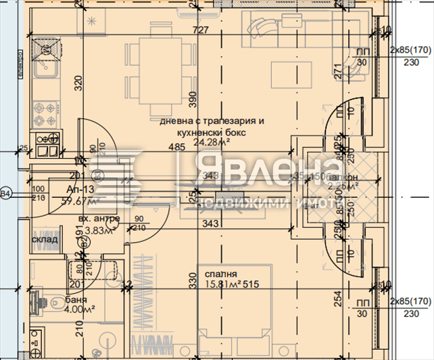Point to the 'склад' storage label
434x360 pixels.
pyautogui.click(x=45, y=239)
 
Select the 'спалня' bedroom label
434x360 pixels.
pyautogui.click(x=223, y=275)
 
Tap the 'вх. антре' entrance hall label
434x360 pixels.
pyautogui.click(x=99, y=219)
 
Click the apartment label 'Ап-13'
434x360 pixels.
pyautogui.click(x=80, y=189)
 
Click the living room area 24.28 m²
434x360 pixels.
pyautogui.click(x=212, y=143)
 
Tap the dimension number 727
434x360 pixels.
pyautogui.click(x=200, y=30)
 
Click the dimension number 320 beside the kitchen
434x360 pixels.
pyautogui.click(x=78, y=83)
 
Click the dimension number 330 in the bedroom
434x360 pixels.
pyautogui.click(x=191, y=280)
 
